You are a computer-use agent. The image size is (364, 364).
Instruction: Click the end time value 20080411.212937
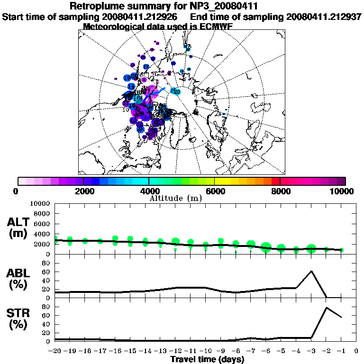click(324, 17)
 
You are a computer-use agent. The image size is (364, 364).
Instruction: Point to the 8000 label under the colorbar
click(280, 191)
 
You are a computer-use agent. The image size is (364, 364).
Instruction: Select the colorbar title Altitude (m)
click(176, 198)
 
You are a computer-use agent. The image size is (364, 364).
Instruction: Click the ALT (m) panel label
click(19, 227)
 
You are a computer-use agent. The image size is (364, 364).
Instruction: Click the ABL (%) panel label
click(19, 279)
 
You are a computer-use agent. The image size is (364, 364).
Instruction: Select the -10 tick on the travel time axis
click(205, 351)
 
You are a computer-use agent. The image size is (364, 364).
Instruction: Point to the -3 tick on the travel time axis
click(311, 351)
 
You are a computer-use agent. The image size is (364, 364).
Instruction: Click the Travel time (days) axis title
click(207, 359)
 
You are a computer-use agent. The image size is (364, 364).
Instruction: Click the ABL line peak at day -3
click(311, 271)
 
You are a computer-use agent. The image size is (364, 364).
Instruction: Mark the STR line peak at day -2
click(326, 308)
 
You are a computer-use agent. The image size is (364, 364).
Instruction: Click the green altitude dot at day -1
click(341, 250)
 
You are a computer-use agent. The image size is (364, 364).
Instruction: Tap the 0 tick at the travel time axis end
click(356, 351)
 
